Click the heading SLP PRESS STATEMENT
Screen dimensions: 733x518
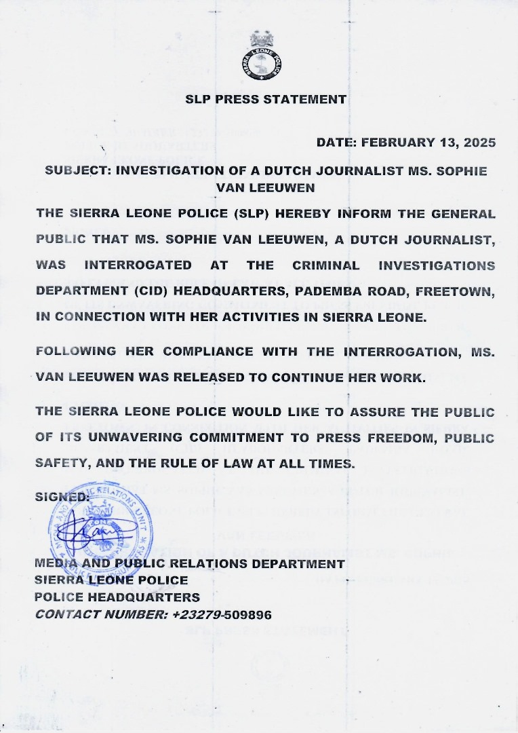point(266,99)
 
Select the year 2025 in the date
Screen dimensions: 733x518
point(480,143)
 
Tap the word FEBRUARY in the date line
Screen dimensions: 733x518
point(396,143)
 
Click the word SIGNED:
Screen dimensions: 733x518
point(62,496)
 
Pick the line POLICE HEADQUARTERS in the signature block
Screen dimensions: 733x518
point(117,598)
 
